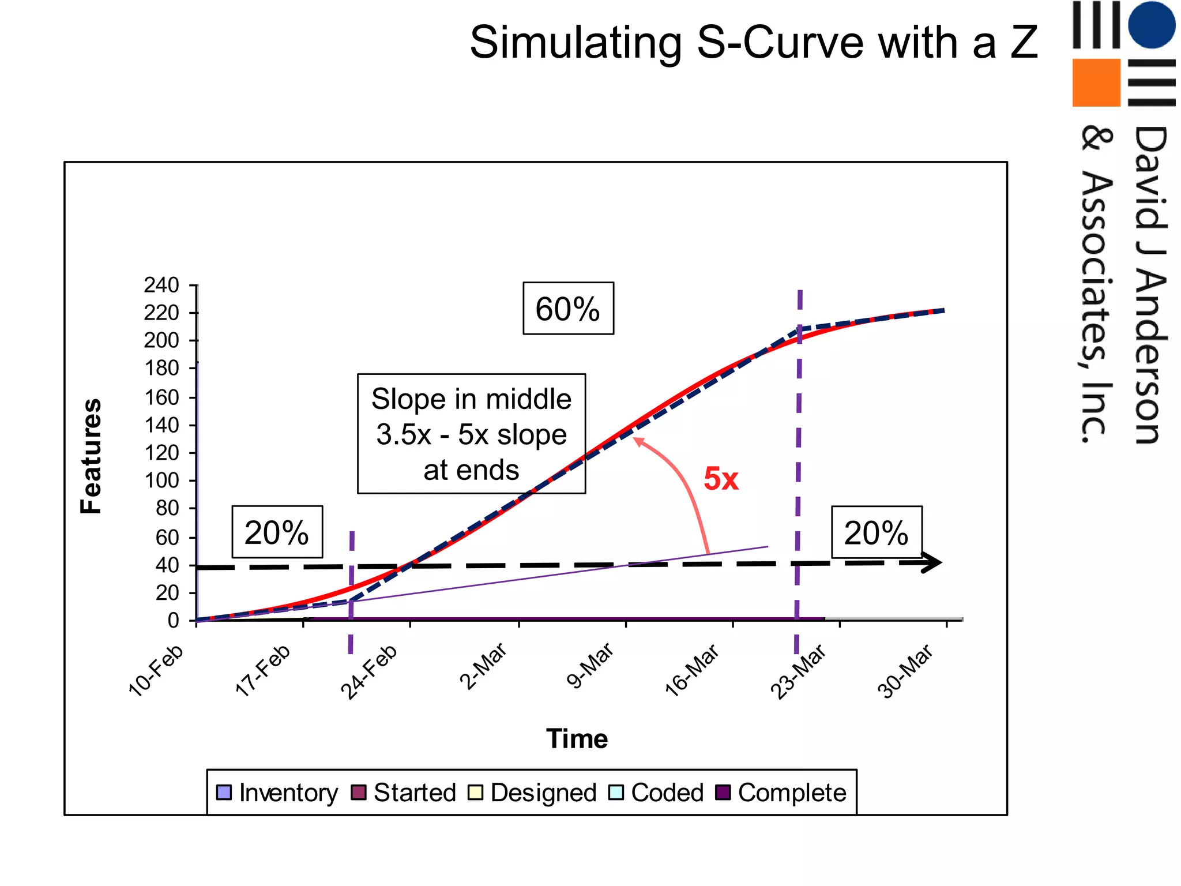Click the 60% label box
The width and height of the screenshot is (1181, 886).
[x=568, y=309]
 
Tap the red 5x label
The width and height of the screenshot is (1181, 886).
[x=721, y=479]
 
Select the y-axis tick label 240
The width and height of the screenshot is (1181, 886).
[x=161, y=285]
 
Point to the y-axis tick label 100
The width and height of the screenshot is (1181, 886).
[x=161, y=480]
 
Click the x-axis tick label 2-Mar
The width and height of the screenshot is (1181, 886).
[x=484, y=666]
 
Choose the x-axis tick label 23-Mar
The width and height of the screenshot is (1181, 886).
[x=799, y=671]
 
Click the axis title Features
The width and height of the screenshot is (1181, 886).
[x=91, y=456]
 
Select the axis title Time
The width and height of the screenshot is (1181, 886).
[x=577, y=739]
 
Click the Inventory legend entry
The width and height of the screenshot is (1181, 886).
[x=277, y=793]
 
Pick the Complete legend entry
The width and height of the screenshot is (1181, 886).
[x=781, y=793]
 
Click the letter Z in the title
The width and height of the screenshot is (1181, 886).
[x=1024, y=43]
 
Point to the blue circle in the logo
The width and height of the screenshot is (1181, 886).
[x=1151, y=24]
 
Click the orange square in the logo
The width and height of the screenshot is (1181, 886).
[x=1096, y=82]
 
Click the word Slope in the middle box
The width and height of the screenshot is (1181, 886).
[x=400, y=399]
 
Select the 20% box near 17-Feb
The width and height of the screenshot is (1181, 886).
[x=277, y=532]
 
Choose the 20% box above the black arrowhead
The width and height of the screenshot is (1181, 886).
[x=876, y=532]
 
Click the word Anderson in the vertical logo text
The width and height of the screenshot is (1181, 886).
[x=1151, y=358]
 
